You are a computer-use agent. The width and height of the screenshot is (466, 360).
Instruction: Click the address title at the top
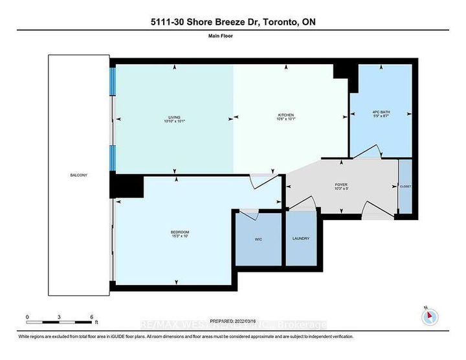point(232,22)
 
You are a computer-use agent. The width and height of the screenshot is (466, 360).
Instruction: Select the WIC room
point(258,238)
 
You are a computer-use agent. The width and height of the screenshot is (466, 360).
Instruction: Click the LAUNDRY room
point(301,238)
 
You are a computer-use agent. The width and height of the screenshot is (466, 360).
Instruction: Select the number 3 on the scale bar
point(59,317)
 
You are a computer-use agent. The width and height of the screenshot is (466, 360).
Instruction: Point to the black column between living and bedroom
point(126,186)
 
